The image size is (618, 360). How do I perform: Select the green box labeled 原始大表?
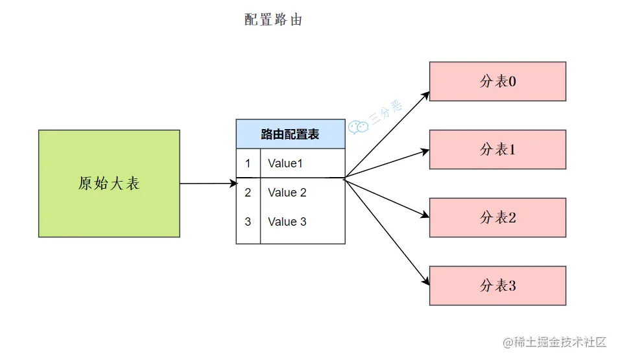tap(109, 184)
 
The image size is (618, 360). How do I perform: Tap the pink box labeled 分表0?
tap(497, 82)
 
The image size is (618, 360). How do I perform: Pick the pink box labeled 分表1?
tap(497, 150)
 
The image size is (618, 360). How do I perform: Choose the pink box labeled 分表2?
tap(497, 218)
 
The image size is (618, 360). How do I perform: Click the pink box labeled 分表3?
tap(497, 286)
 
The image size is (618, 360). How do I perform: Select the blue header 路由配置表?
tap(290, 134)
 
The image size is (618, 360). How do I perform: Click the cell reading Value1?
tap(285, 163)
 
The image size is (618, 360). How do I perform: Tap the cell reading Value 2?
tap(287, 193)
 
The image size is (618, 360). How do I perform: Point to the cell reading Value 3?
tap(287, 222)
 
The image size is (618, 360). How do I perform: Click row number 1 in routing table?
tap(248, 163)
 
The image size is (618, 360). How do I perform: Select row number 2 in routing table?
tap(248, 193)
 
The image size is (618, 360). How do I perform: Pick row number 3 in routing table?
tap(248, 222)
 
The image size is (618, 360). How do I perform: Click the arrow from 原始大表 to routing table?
tap(208, 184)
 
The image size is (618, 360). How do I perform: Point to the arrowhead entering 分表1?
tap(425, 151)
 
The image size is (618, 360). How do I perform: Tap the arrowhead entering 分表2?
tap(425, 216)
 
